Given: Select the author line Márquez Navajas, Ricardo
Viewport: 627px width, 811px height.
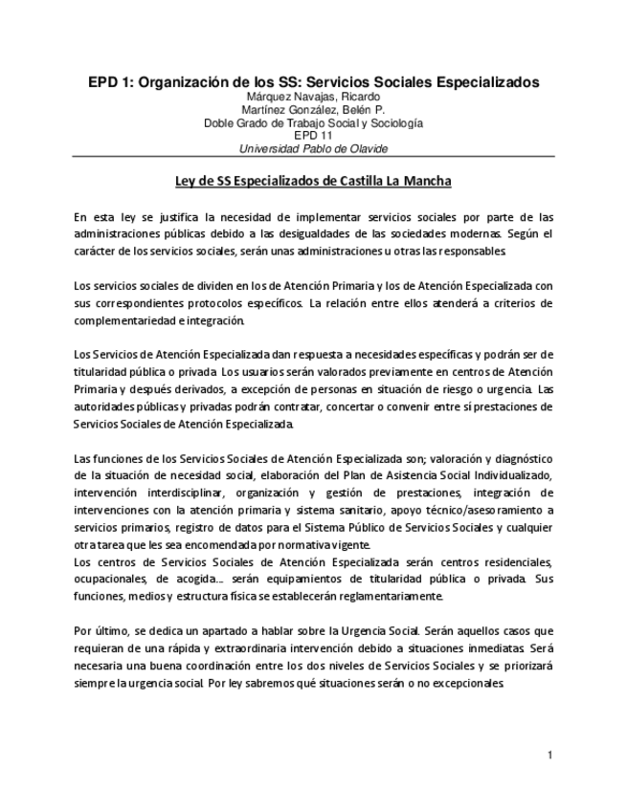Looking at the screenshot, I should pyautogui.click(x=313, y=97).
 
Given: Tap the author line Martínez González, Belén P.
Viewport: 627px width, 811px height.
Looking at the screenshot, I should pyautogui.click(x=313, y=110).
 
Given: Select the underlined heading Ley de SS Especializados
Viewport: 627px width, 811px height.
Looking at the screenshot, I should pyautogui.click(x=313, y=181).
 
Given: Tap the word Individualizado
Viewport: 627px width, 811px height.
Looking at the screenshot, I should pyautogui.click(x=502, y=475).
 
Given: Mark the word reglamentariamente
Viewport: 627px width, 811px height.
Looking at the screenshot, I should pyautogui.click(x=387, y=596).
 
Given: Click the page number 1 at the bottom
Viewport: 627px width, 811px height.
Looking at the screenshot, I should pyautogui.click(x=550, y=756).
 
